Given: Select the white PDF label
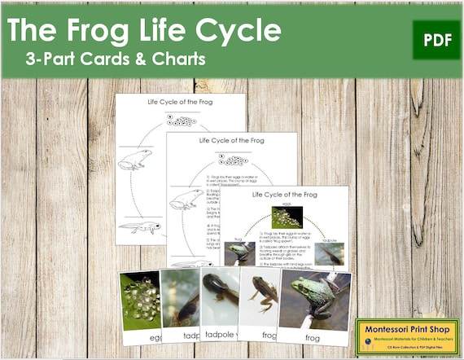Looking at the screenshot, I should [436, 39].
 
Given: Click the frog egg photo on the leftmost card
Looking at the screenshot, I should [139, 299].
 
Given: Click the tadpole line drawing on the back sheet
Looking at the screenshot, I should [139, 227].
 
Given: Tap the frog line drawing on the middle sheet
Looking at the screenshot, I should [186, 199].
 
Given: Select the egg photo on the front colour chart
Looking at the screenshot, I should [287, 216].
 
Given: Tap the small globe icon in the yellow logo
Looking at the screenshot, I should [370, 332].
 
